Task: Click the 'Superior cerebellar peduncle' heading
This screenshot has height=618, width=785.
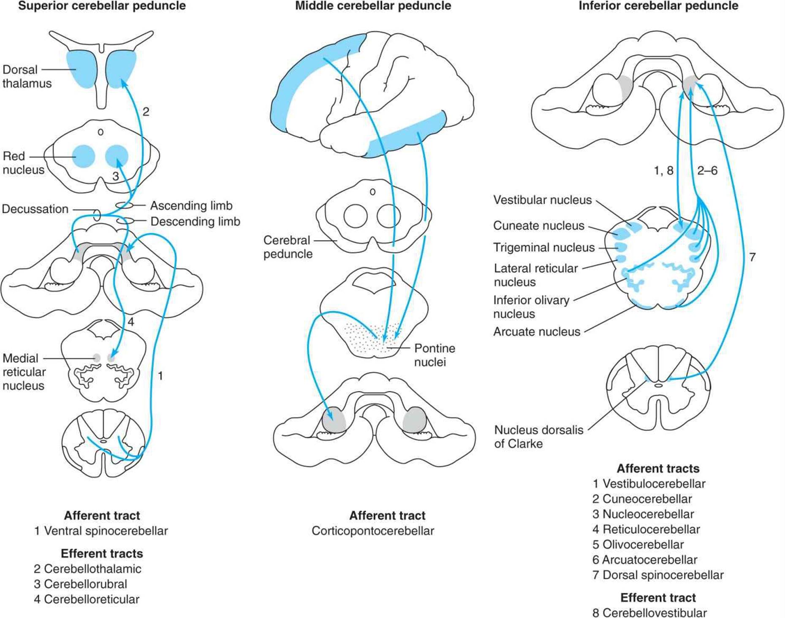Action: tap(102, 6)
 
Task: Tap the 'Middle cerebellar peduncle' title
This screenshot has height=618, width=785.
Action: tap(373, 6)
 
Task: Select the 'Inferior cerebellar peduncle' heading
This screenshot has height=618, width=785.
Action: tap(658, 6)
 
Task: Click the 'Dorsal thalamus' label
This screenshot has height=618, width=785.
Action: tap(27, 76)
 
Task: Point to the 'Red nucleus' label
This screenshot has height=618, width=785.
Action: tap(23, 163)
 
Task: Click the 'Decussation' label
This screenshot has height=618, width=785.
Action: tap(35, 209)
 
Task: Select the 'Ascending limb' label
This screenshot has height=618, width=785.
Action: tap(191, 205)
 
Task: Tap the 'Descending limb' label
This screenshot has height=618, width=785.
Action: tap(195, 221)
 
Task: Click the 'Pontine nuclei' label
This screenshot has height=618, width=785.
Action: tap(435, 355)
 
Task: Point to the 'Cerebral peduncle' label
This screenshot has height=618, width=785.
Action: tap(288, 247)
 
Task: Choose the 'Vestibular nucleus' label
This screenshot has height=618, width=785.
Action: tap(543, 200)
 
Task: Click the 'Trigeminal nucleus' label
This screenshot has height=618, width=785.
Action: tap(544, 247)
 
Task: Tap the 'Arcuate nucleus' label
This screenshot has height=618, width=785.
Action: tap(537, 332)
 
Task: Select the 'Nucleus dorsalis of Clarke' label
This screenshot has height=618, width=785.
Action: tap(539, 437)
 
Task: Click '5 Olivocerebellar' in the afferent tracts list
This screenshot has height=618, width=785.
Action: tap(638, 545)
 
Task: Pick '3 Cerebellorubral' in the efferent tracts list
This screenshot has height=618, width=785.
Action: tap(80, 584)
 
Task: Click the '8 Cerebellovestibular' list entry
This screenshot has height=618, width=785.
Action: tap(649, 613)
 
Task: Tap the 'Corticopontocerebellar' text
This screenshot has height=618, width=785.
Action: tap(373, 531)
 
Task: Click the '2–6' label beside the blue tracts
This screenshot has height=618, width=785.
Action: tap(707, 171)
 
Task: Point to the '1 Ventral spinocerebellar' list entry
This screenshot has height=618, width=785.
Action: tap(101, 531)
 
